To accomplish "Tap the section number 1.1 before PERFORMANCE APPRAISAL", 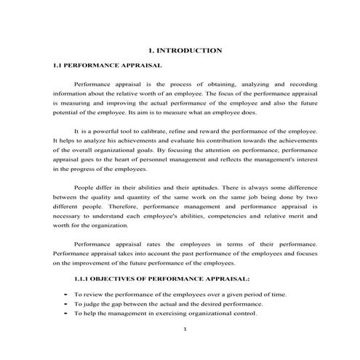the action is tap(59, 65).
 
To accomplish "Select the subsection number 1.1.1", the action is tap(84, 278).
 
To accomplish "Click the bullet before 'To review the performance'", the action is tap(66, 295).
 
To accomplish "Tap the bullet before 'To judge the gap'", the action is tap(66, 304).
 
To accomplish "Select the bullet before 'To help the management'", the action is tap(66, 313).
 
